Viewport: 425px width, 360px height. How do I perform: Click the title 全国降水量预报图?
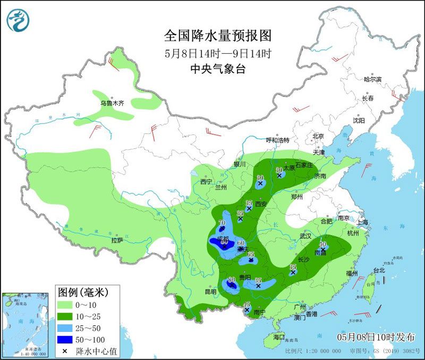coord(217,36)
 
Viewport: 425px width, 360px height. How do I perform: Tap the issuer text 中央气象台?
coord(217,69)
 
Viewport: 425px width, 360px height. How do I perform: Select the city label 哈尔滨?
coord(373,79)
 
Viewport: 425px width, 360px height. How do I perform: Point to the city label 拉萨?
coord(117,240)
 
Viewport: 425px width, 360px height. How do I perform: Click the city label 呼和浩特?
coord(277,140)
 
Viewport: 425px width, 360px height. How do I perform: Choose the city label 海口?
coord(279,337)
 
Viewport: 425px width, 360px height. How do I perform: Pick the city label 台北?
coord(379,270)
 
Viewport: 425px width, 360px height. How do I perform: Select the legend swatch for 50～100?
coord(67,339)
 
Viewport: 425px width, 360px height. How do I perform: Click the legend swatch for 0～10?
coord(67,305)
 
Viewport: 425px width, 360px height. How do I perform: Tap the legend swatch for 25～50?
coord(67,328)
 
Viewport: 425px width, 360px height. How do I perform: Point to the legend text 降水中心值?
coord(97,351)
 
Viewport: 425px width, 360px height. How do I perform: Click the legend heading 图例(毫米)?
coord(82,292)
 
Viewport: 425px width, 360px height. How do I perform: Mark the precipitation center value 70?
coord(222,223)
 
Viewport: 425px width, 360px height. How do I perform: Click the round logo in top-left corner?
coord(18,20)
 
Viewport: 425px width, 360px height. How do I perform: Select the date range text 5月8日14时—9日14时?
coord(217,53)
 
